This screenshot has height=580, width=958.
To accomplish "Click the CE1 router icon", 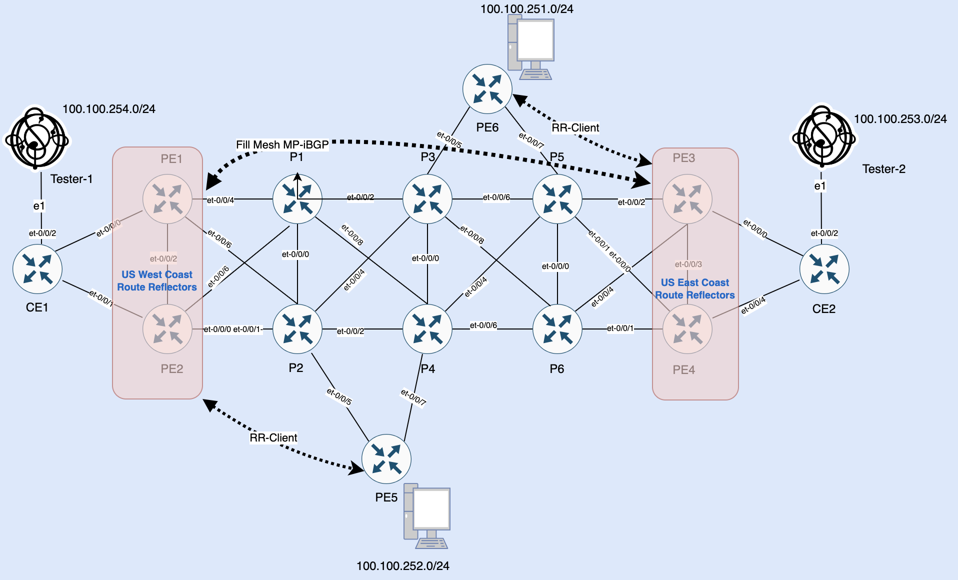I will tap(37, 269).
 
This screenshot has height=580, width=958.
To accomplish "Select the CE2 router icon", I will tap(824, 269).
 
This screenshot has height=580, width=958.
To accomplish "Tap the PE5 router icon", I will tap(386, 459).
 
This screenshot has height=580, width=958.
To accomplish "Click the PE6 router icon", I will tap(487, 89).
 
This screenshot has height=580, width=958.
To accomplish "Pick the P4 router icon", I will tap(427, 329).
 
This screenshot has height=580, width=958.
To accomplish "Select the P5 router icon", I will tap(557, 199).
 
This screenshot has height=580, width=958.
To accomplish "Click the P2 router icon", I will tap(297, 329).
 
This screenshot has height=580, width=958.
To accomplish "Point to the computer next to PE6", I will tap(530, 47).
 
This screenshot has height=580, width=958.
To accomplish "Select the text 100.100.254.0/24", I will tap(108, 109).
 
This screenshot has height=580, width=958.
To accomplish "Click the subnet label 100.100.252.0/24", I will tap(402, 566).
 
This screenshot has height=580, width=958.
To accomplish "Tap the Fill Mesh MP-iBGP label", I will tap(282, 145).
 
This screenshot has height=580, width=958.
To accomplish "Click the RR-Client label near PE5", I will tap(273, 438).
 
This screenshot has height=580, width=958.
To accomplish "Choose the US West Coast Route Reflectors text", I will tap(156, 280).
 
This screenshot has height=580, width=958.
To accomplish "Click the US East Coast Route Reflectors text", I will tap(695, 288).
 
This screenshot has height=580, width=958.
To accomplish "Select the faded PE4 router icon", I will tap(687, 329).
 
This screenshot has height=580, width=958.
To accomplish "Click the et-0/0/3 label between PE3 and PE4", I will tap(688, 264).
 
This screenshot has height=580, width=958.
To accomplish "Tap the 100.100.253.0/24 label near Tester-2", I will tap(900, 119).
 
